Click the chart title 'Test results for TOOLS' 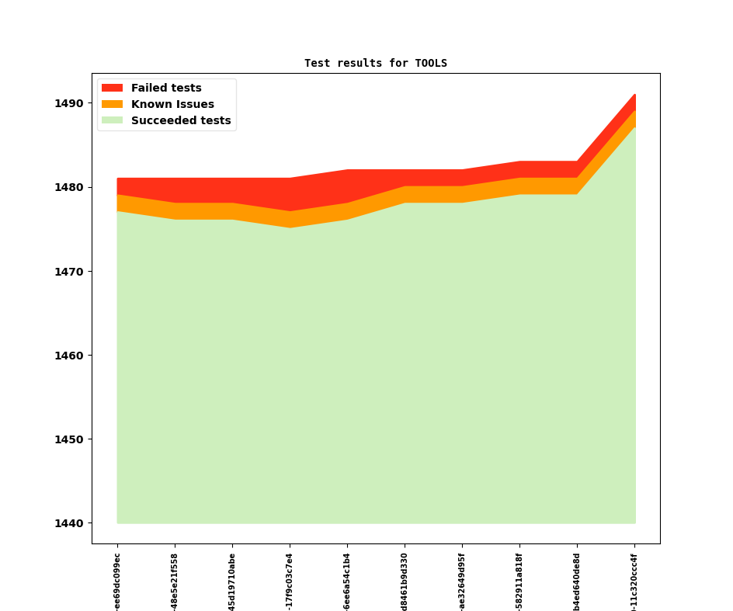click(376, 63)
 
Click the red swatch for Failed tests click(112, 88)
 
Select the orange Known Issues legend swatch click(112, 104)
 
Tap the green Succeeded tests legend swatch click(112, 120)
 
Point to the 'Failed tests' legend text click(166, 88)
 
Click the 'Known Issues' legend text click(172, 104)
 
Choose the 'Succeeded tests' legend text click(181, 120)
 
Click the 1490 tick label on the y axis click(70, 103)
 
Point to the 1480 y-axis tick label click(70, 187)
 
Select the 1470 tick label click(70, 272)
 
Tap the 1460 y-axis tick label click(70, 356)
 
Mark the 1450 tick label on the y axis click(70, 439)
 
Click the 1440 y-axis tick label click(70, 523)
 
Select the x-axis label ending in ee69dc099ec click(117, 582)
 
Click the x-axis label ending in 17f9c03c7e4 click(290, 582)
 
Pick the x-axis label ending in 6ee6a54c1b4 click(347, 582)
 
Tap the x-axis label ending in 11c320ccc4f click(634, 582)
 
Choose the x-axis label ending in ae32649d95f click(462, 582)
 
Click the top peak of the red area click(635, 95)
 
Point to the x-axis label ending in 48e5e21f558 click(175, 582)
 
